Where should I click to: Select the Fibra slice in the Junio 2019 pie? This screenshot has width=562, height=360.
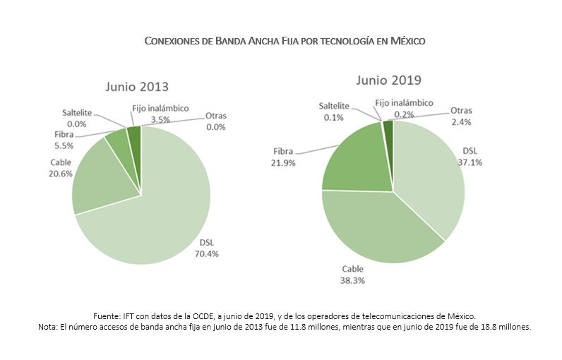point(353,159)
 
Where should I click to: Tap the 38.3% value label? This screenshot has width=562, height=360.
point(353,280)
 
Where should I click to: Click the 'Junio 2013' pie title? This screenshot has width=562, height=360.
point(138,87)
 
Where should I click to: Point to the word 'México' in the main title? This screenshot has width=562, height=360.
point(404,41)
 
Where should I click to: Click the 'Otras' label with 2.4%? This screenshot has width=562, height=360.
point(461,111)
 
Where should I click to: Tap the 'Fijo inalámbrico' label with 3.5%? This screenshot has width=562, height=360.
point(160,108)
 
